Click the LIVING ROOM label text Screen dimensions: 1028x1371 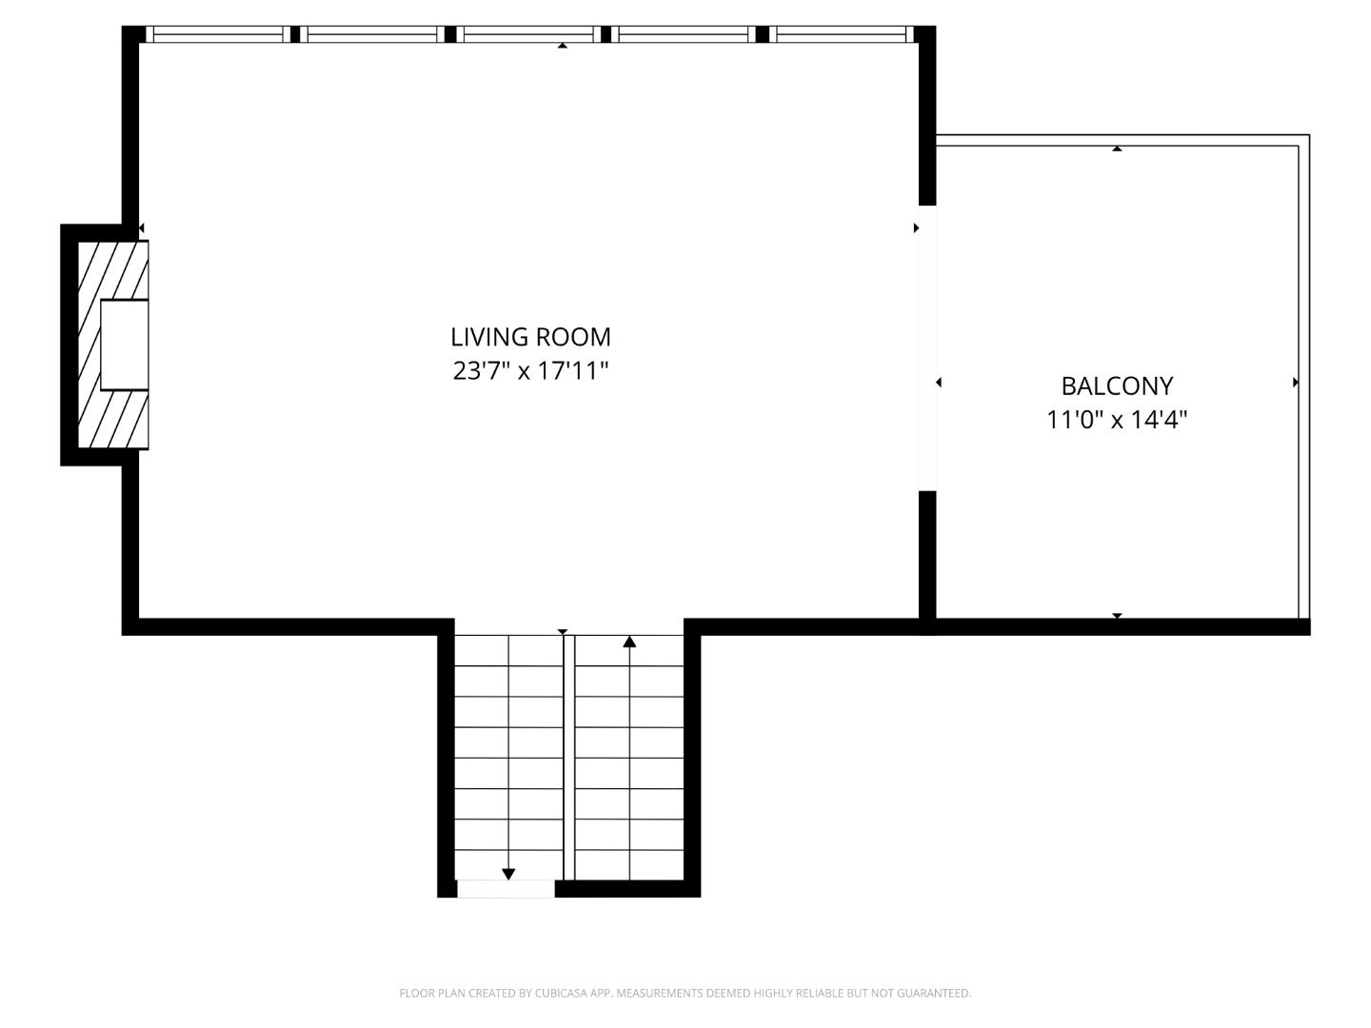[x=530, y=337]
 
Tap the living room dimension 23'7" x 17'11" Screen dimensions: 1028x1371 [x=530, y=370]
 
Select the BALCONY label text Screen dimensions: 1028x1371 [x=1117, y=385]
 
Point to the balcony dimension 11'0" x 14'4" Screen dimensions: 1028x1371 [x=1117, y=419]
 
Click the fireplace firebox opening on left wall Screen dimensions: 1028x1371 [x=124, y=345]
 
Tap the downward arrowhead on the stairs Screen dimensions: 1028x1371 [x=508, y=874]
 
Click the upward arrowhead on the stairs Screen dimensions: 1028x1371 [x=629, y=642]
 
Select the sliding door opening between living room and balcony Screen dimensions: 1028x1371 [x=926, y=347]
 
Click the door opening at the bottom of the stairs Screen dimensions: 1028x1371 [x=506, y=889]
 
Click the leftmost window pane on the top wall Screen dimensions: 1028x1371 [x=219, y=34]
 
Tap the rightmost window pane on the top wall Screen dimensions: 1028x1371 [x=841, y=34]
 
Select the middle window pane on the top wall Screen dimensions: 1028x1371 [x=528, y=34]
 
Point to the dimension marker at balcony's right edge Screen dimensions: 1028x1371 [x=1295, y=383]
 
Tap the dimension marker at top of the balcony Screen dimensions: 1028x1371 [x=1117, y=148]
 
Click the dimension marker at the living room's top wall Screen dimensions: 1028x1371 [x=563, y=45]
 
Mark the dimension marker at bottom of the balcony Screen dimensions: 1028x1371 [x=1117, y=616]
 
